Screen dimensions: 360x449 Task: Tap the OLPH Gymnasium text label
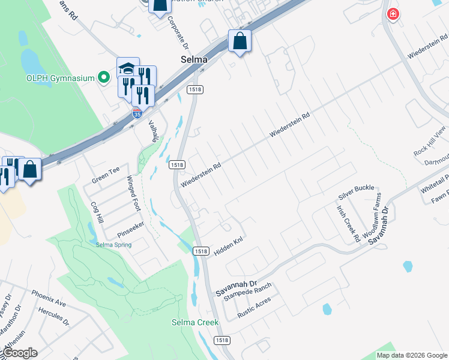pyautogui.click(x=61, y=77)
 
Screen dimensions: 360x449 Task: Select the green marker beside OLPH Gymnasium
pyautogui.click(x=104, y=77)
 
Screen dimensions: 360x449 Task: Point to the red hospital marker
pyautogui.click(x=393, y=14)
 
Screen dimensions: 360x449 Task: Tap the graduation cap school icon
pyautogui.click(x=128, y=68)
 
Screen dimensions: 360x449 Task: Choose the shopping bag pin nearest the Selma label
pyautogui.click(x=240, y=41)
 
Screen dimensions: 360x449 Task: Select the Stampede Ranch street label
pyautogui.click(x=247, y=292)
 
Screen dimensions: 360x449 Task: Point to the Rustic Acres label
pyautogui.click(x=254, y=305)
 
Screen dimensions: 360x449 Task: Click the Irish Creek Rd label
pyautogui.click(x=348, y=223)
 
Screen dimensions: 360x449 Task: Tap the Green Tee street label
pyautogui.click(x=106, y=175)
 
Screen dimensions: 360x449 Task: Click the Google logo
pyautogui.click(x=20, y=353)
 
